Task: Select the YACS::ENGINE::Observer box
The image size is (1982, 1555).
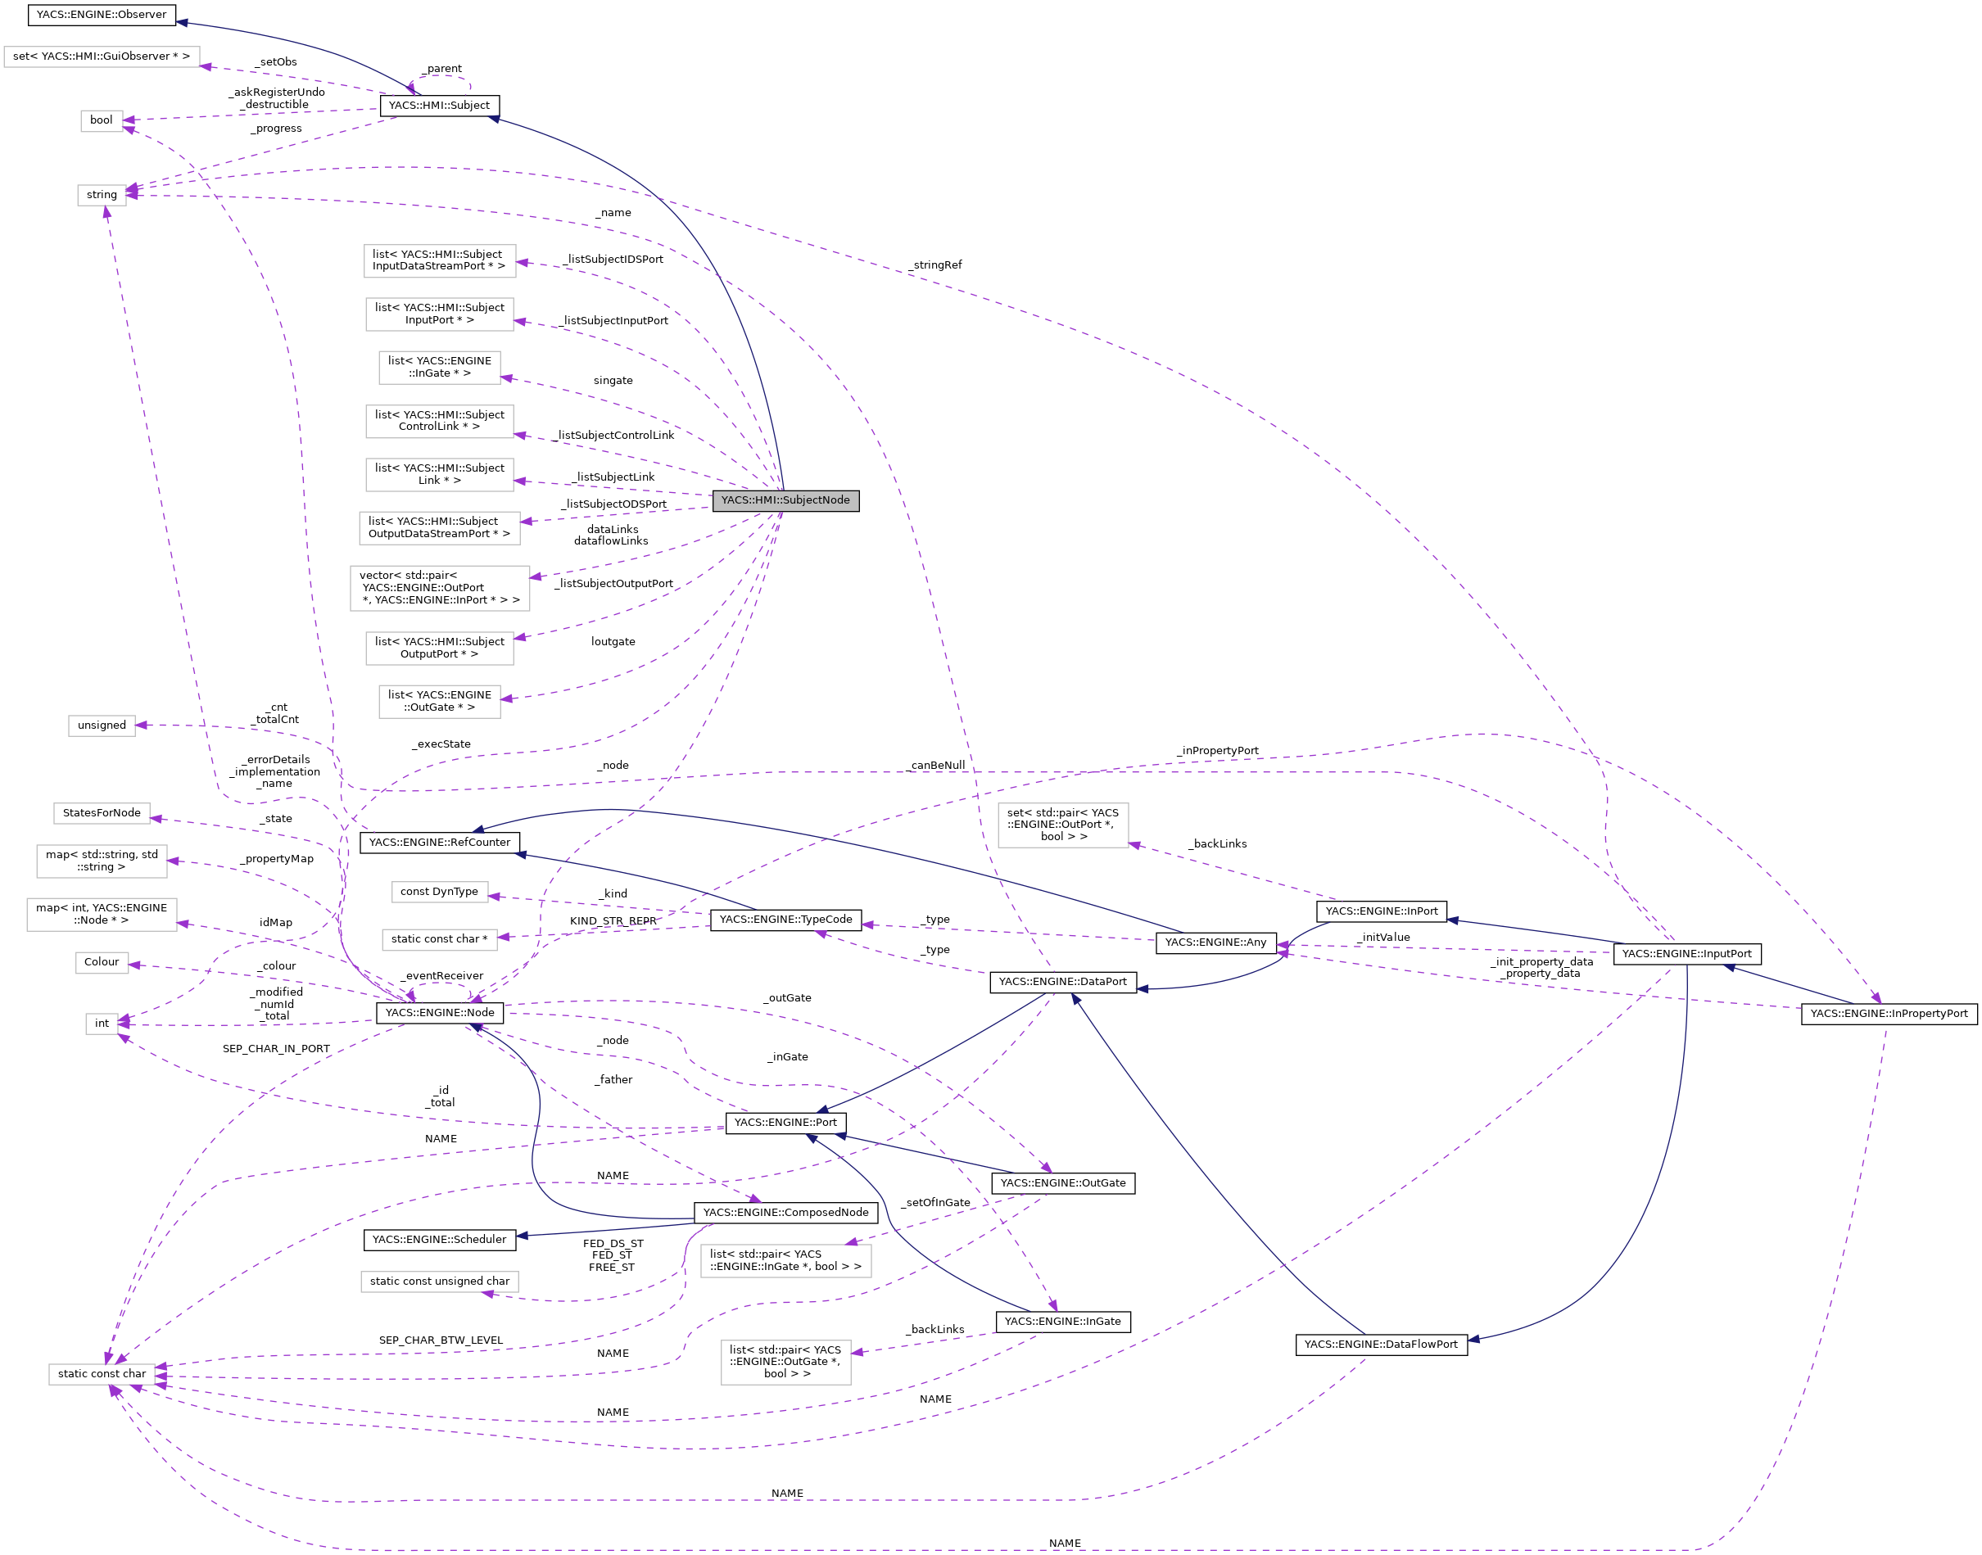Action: click(x=101, y=15)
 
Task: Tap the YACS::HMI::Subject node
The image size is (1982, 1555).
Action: click(x=439, y=106)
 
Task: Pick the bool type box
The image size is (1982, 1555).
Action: click(x=101, y=120)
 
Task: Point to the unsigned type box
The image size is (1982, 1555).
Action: click(x=101, y=726)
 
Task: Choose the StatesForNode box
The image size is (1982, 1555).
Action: click(x=101, y=813)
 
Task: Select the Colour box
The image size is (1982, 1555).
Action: click(x=101, y=962)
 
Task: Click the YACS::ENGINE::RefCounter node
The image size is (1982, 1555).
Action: click(x=439, y=842)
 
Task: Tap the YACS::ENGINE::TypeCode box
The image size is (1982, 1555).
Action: click(x=785, y=920)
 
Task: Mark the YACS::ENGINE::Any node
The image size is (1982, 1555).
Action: click(x=1215, y=942)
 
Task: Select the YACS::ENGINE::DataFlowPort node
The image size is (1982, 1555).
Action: click(x=1380, y=1344)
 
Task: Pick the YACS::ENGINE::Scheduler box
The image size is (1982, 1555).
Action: click(x=439, y=1239)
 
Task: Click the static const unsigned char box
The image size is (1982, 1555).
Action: click(x=439, y=1281)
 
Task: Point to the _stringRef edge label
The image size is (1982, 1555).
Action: click(x=934, y=265)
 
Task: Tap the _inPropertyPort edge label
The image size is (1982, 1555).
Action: click(x=1216, y=750)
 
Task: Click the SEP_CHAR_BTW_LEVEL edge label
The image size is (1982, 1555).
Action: click(x=441, y=1340)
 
